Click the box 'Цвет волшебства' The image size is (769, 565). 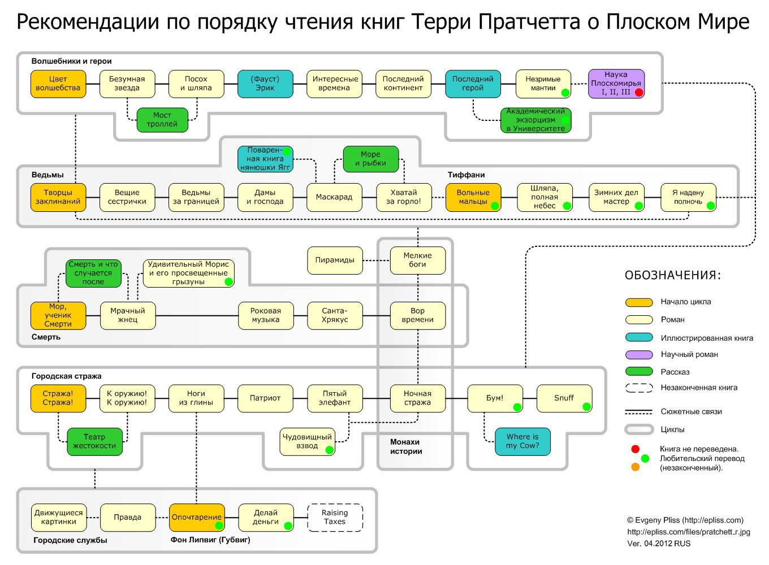pyautogui.click(x=58, y=84)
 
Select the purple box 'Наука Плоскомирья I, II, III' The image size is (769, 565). pyautogui.click(x=616, y=84)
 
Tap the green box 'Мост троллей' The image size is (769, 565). pyautogui.click(x=162, y=120)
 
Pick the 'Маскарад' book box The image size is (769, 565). pyautogui.click(x=334, y=197)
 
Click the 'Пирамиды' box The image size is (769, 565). pyautogui.click(x=335, y=260)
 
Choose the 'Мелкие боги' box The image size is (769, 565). pyautogui.click(x=417, y=260)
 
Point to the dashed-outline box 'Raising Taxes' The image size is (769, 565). pyautogui.click(x=335, y=518)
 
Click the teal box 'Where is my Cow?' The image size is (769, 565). pyautogui.click(x=522, y=441)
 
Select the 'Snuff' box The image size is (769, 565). pyautogui.click(x=564, y=398)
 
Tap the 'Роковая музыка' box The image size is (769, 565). pyautogui.click(x=266, y=315)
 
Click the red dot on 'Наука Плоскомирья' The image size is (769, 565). pyautogui.click(x=638, y=92)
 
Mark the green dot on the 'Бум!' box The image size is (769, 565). pyautogui.click(x=517, y=407)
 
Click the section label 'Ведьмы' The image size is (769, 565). pyautogui.click(x=47, y=175)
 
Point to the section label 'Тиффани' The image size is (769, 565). pyautogui.click(x=466, y=175)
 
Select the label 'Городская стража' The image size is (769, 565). pyautogui.click(x=67, y=376)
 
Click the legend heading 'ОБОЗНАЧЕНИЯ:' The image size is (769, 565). pyautogui.click(x=673, y=276)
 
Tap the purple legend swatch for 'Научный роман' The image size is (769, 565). pyautogui.click(x=639, y=354)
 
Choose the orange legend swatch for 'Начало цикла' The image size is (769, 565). pyautogui.click(x=639, y=302)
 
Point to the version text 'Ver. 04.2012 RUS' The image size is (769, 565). pyautogui.click(x=659, y=544)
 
